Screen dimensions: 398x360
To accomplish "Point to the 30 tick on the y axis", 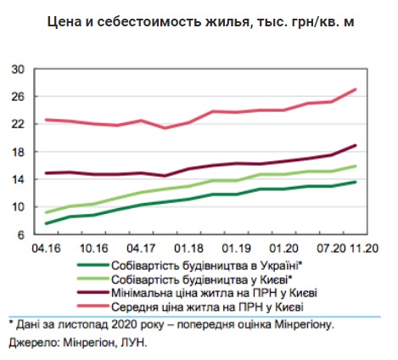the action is tap(18, 70).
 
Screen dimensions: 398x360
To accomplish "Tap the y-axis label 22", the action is tap(18, 124).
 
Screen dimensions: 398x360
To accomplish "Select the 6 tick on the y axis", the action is tap(21, 235).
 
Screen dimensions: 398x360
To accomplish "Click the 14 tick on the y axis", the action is tap(18, 180).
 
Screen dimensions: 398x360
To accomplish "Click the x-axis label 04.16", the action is tap(46, 249).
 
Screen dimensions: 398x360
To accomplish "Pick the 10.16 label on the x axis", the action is tap(94, 249).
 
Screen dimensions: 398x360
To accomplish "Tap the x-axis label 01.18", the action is tap(188, 249).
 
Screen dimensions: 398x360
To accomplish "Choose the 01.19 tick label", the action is tap(236, 249).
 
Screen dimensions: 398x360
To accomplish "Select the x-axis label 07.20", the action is tap(331, 249).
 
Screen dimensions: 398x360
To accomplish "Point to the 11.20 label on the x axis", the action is tap(364, 249).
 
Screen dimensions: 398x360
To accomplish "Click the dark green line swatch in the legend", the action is tap(93, 265).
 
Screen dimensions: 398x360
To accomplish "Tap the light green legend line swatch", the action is tap(93, 278).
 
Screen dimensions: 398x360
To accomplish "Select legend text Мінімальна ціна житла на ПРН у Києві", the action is tap(214, 293).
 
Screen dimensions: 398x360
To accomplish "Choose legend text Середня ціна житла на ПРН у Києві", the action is tap(207, 307).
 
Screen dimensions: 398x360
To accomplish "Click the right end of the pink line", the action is tap(356, 89).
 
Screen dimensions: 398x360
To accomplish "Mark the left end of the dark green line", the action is tap(47, 223).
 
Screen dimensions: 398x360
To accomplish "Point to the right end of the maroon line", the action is tap(356, 145).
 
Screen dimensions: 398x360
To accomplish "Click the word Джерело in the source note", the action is tap(33, 343).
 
